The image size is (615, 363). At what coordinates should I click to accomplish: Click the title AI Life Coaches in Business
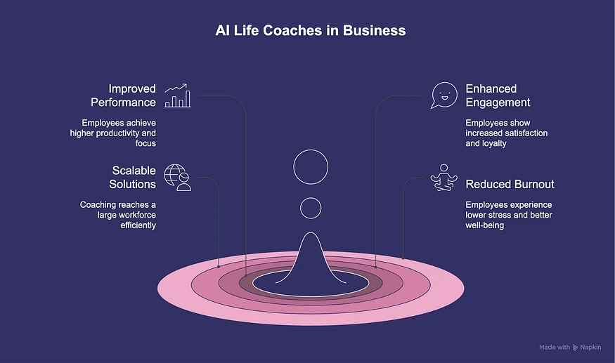tap(310, 31)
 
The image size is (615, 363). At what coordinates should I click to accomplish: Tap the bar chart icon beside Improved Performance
tap(178, 96)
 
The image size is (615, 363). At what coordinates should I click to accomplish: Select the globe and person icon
tap(178, 178)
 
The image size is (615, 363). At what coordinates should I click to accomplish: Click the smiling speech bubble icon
tap(444, 96)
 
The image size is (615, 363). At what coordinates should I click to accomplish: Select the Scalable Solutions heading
tap(132, 178)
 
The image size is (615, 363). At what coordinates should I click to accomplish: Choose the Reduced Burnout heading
tap(510, 184)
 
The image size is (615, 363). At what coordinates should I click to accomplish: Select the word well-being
tap(485, 225)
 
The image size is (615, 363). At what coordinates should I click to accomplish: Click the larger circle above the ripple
tap(311, 166)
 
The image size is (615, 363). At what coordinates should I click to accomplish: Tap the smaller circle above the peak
tap(311, 207)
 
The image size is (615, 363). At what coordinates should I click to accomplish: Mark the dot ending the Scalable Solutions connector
tap(219, 267)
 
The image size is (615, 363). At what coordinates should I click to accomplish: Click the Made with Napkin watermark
tap(570, 347)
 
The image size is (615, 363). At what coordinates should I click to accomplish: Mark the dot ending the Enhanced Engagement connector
tap(376, 267)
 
